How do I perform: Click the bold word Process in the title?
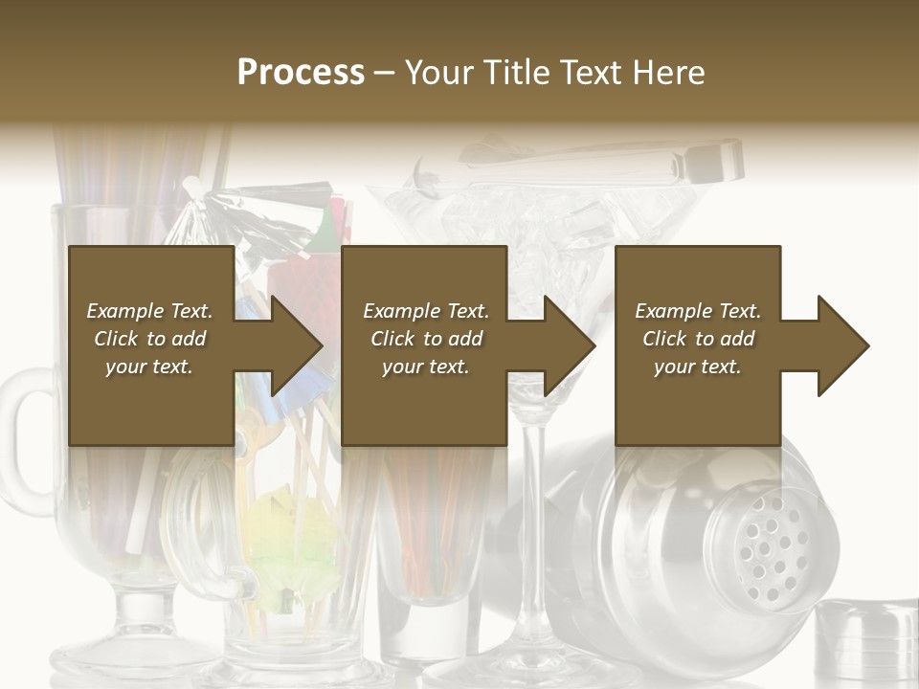coord(301,73)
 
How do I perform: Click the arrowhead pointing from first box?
coord(291,345)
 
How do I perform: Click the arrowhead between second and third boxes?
coord(565,345)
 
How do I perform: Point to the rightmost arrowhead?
coord(839,345)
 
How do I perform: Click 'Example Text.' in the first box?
coord(149,311)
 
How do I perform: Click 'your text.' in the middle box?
coord(425,367)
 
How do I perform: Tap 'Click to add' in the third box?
coord(698,339)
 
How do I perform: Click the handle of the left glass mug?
coord(23,440)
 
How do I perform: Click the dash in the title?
coord(385,73)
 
